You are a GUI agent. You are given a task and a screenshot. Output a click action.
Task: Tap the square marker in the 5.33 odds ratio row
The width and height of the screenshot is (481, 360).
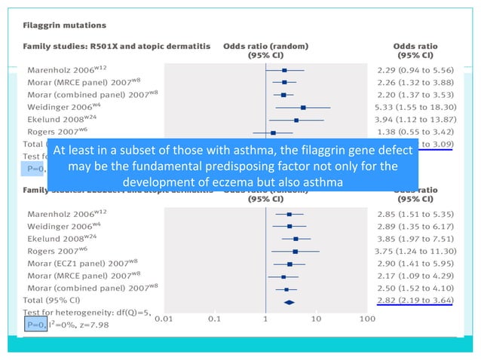(x=303, y=107)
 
